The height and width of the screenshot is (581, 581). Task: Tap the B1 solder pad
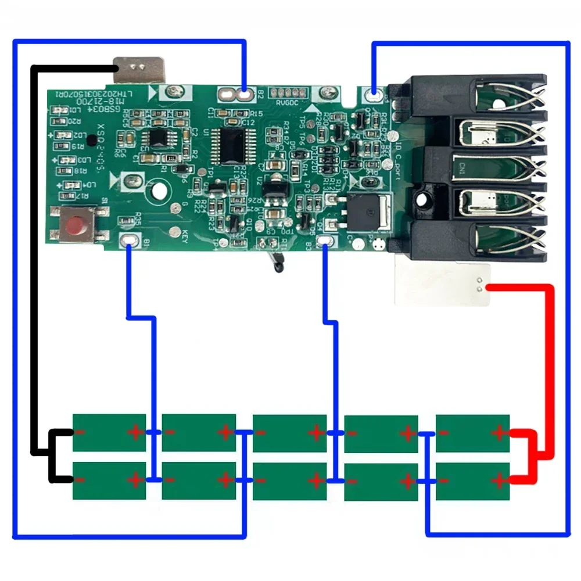(x=129, y=241)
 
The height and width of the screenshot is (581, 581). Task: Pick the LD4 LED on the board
(x=71, y=185)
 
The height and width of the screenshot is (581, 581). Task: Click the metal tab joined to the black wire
(x=139, y=69)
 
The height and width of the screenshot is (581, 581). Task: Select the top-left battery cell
(x=109, y=432)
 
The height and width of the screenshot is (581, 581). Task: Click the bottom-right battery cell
(x=472, y=480)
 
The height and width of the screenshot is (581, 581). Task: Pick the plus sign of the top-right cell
(x=499, y=432)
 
